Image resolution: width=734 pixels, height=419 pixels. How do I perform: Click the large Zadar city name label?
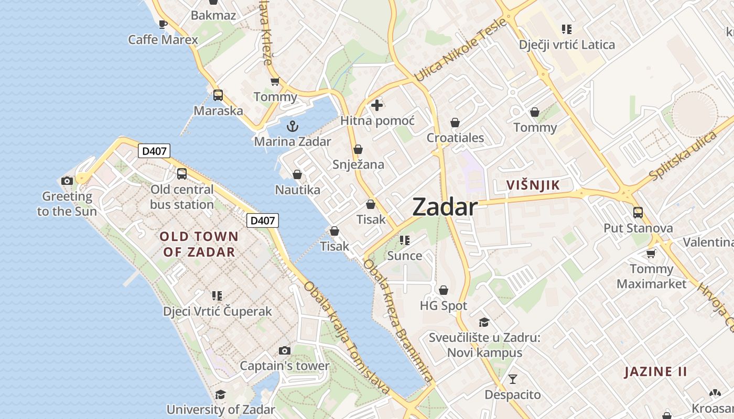coord(445,207)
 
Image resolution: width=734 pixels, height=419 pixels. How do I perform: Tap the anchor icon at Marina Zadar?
coord(293,126)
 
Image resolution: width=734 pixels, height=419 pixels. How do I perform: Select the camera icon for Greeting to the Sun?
coord(67,181)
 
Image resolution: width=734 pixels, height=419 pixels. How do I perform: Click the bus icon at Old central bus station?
coord(182,174)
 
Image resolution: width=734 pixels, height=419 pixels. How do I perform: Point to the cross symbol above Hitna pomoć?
coord(376,105)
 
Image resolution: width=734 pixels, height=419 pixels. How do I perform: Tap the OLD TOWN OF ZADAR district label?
coord(199,244)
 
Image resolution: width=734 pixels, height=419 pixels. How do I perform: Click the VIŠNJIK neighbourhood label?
coord(533,185)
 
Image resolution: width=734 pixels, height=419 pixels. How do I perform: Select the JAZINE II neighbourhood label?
coord(655,372)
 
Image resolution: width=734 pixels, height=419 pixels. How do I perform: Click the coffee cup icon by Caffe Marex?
coord(163,24)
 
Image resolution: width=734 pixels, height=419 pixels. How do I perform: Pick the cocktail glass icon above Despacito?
coord(513,379)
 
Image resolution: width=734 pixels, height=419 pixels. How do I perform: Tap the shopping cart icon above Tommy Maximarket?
coord(651,253)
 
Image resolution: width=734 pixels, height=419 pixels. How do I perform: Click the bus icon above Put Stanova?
coord(638,212)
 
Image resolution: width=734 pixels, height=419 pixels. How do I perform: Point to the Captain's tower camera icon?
coord(284,350)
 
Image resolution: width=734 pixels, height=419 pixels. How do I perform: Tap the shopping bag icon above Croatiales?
coord(455,123)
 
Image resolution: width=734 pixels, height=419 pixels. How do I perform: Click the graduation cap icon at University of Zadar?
coord(220,394)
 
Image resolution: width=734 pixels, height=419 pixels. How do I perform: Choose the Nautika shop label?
coord(297,190)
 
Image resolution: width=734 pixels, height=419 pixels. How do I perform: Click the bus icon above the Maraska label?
coord(218,95)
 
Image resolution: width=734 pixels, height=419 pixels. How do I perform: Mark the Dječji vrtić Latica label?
coord(567,45)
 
